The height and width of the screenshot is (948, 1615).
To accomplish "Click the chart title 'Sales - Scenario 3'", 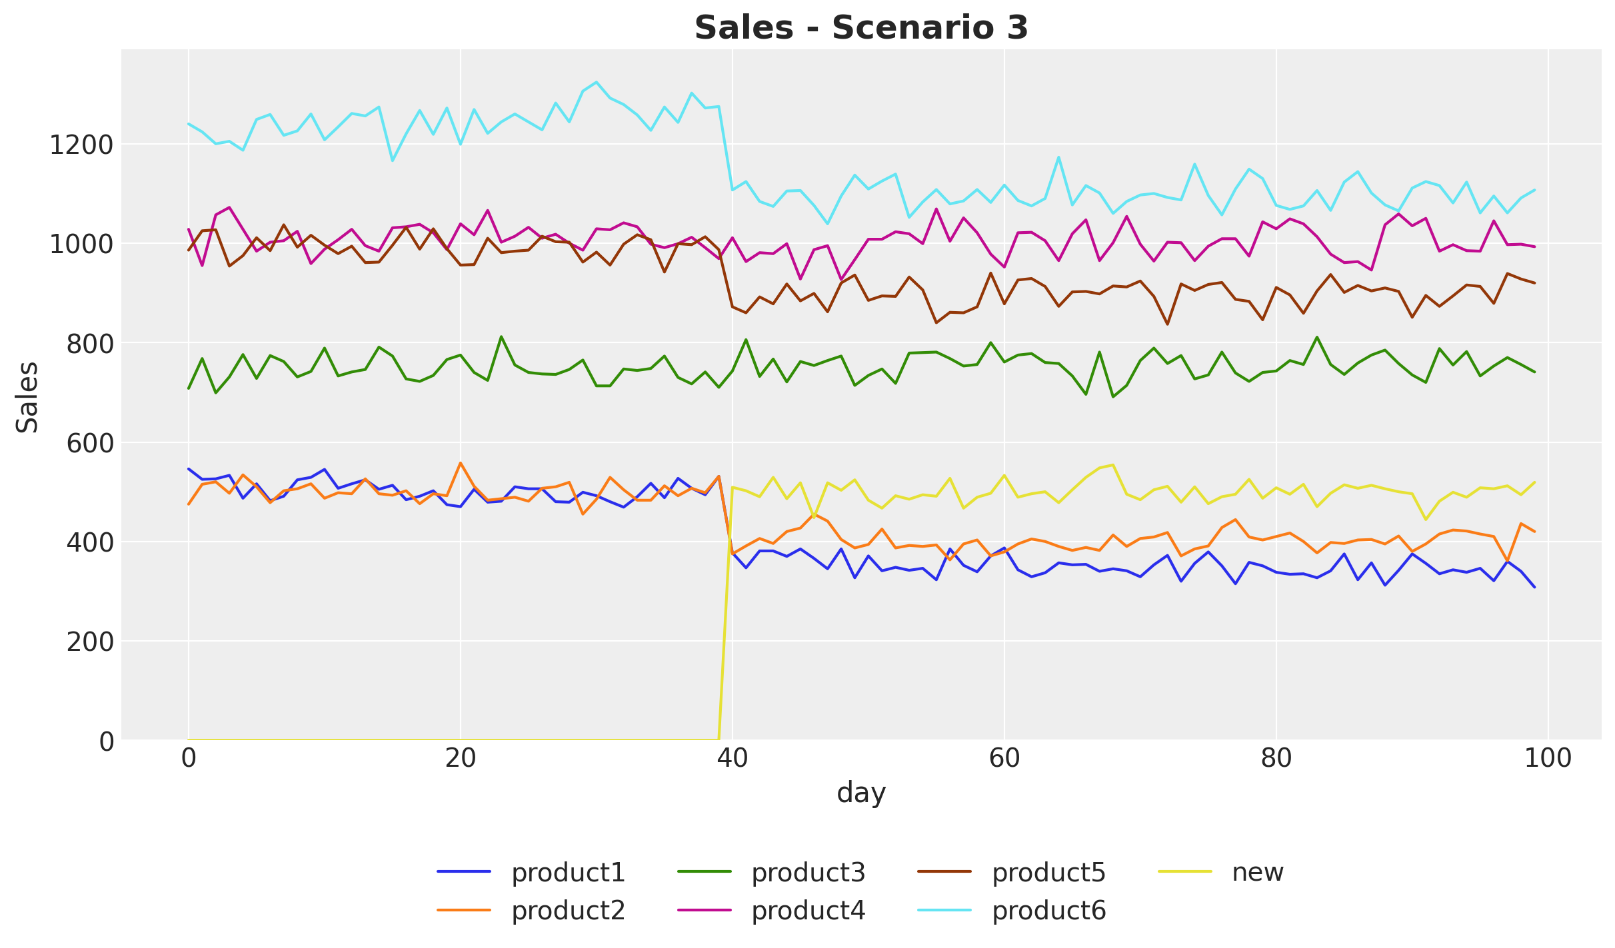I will coord(861,28).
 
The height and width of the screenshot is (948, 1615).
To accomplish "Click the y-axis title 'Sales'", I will coord(27,397).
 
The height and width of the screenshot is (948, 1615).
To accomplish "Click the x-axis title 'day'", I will coord(861,793).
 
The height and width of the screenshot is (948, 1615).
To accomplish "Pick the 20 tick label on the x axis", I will coord(460,759).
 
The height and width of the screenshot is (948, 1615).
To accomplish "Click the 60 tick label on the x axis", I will coord(1004,759).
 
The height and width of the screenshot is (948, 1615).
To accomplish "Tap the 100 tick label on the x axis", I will coord(1547,759).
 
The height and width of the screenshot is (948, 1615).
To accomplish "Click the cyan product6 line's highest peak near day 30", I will coord(596,82).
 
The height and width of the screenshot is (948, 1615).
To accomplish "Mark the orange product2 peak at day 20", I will coord(461,463).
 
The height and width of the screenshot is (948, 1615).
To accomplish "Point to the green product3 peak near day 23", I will coord(501,336).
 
